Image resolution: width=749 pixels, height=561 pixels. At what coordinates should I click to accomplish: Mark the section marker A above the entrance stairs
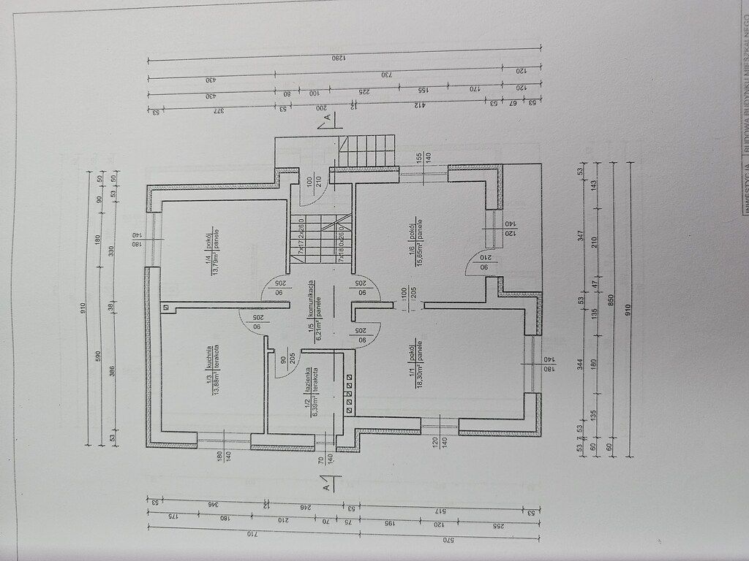tap(328, 117)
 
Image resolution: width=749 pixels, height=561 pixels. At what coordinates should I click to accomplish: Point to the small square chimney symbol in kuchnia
tap(167, 308)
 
